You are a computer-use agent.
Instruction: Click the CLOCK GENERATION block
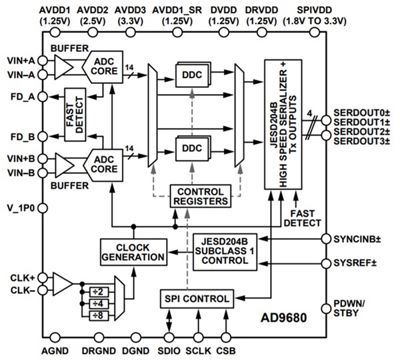coord(133,251)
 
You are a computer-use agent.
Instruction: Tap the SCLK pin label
coord(197,349)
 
